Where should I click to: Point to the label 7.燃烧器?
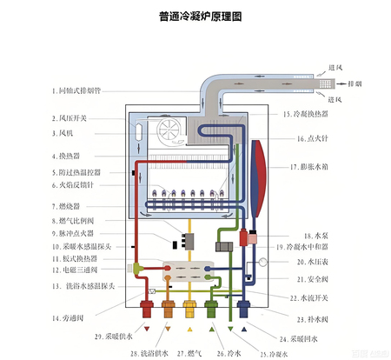coord(65,206)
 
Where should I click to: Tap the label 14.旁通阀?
coord(66,317)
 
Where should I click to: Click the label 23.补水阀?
coord(315,318)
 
